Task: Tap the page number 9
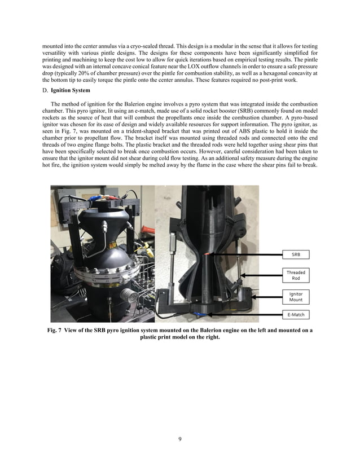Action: tap(179, 439)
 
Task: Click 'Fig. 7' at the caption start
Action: tap(57, 330)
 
